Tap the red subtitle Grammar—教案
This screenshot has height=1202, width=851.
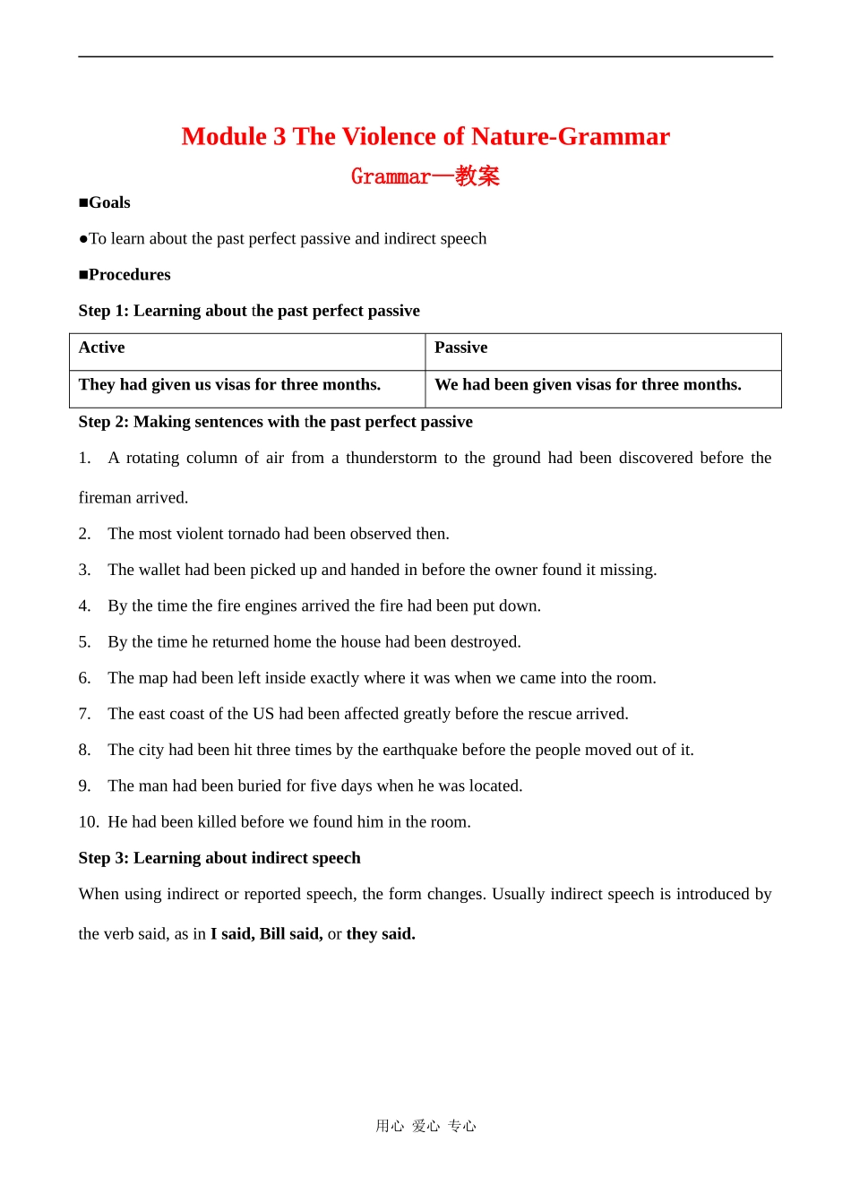coord(425,176)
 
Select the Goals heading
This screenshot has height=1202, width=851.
coord(105,202)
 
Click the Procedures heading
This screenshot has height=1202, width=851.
coord(125,274)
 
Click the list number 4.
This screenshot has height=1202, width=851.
coord(84,605)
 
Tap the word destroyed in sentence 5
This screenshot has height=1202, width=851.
coord(487,642)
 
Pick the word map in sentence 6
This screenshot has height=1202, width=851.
coord(153,678)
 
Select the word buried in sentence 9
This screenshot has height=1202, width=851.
coord(259,786)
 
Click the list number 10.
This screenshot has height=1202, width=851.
coord(89,821)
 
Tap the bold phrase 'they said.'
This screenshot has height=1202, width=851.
coord(381,933)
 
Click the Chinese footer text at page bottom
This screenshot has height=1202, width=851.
coord(425,1126)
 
